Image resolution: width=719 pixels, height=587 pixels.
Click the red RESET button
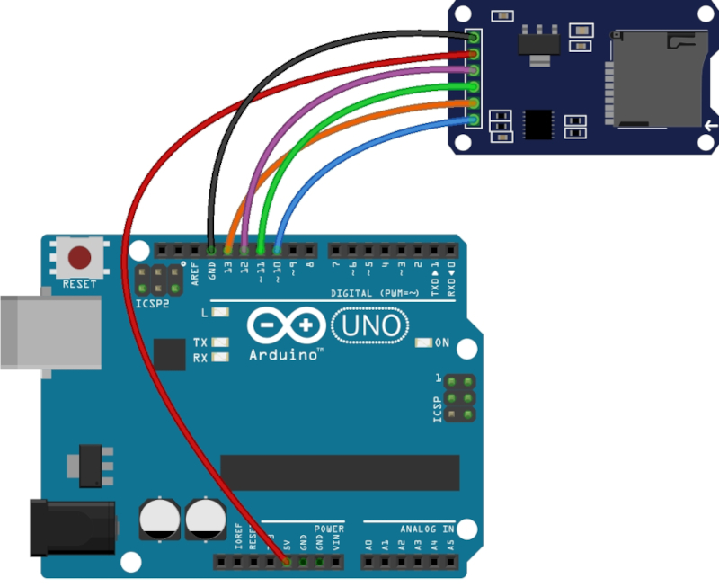[81, 258]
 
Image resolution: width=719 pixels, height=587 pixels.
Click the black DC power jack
[72, 528]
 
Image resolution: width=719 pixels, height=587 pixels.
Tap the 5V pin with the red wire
[287, 562]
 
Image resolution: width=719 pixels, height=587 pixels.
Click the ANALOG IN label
[422, 528]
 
